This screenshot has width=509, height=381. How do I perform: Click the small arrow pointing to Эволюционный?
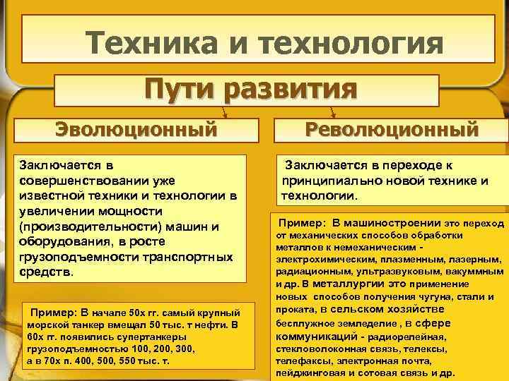[224, 112]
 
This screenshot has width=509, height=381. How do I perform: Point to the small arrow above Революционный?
[332, 112]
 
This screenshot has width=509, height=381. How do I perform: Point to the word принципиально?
[329, 181]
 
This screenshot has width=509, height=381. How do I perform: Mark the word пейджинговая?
[310, 373]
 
